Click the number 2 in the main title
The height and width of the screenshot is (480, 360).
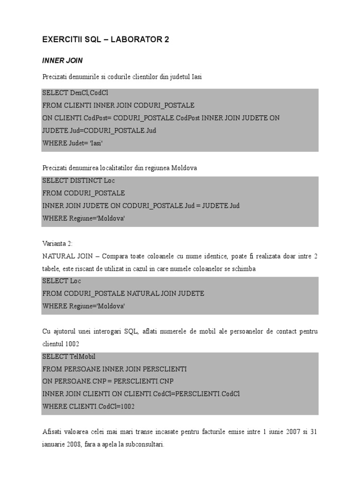pos(166,40)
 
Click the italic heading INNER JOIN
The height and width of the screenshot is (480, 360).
pos(62,60)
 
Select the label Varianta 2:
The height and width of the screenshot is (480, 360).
pos(58,243)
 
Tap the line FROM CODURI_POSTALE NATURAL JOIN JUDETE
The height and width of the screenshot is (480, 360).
pos(123,293)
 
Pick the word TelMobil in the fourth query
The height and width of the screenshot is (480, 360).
pos(82,356)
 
